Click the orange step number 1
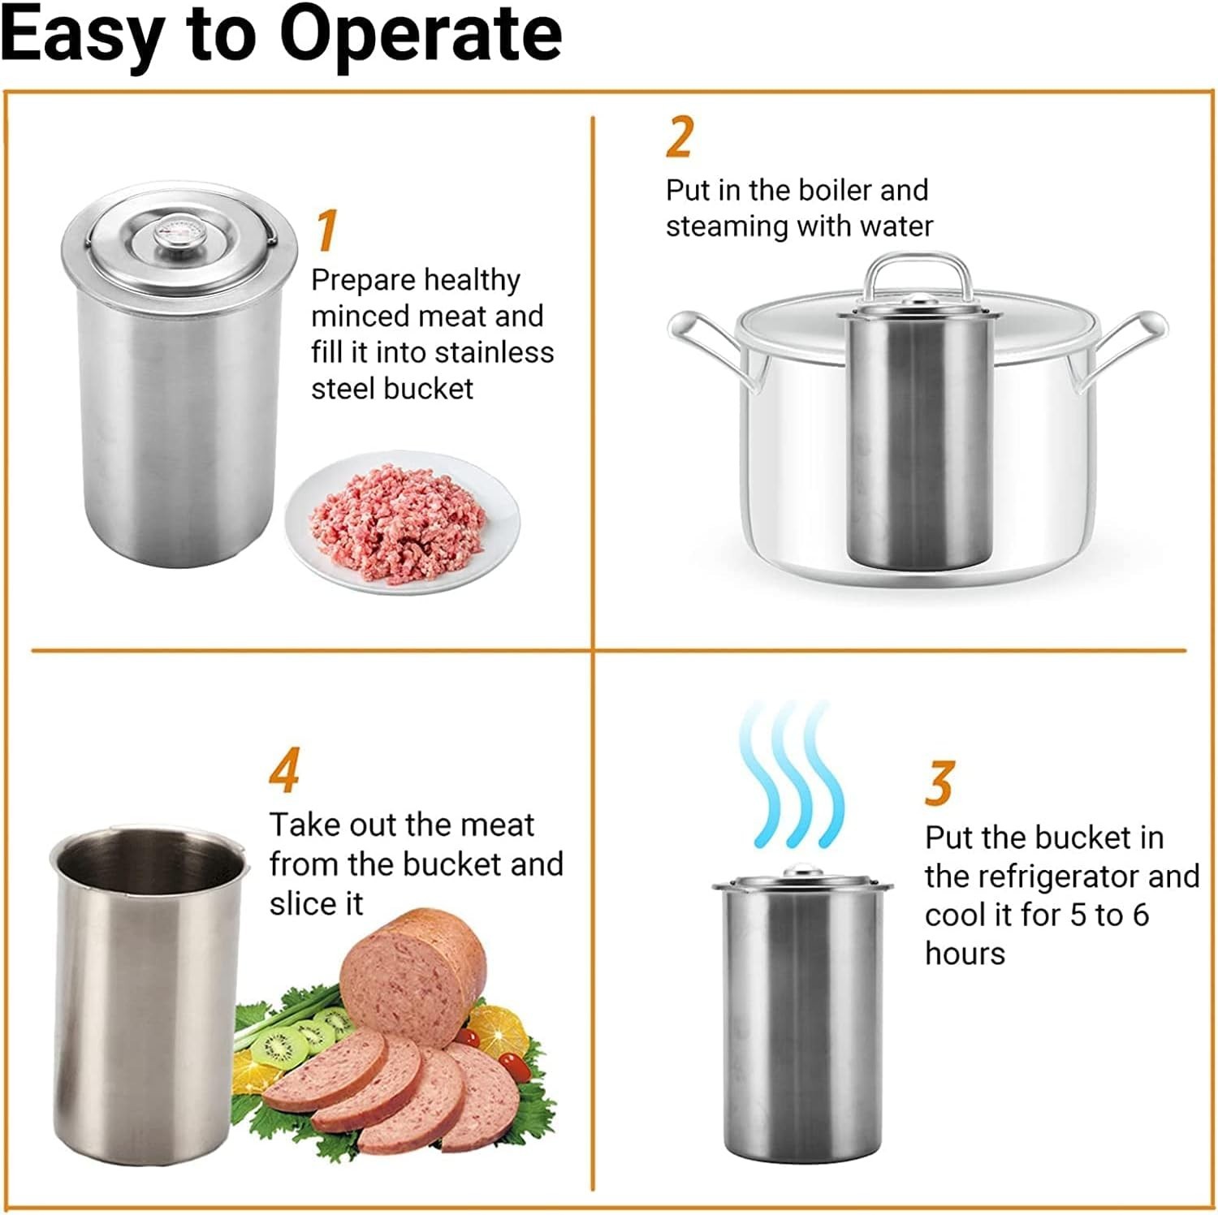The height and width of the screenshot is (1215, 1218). [x=326, y=231]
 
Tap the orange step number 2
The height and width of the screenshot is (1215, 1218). [x=680, y=137]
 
